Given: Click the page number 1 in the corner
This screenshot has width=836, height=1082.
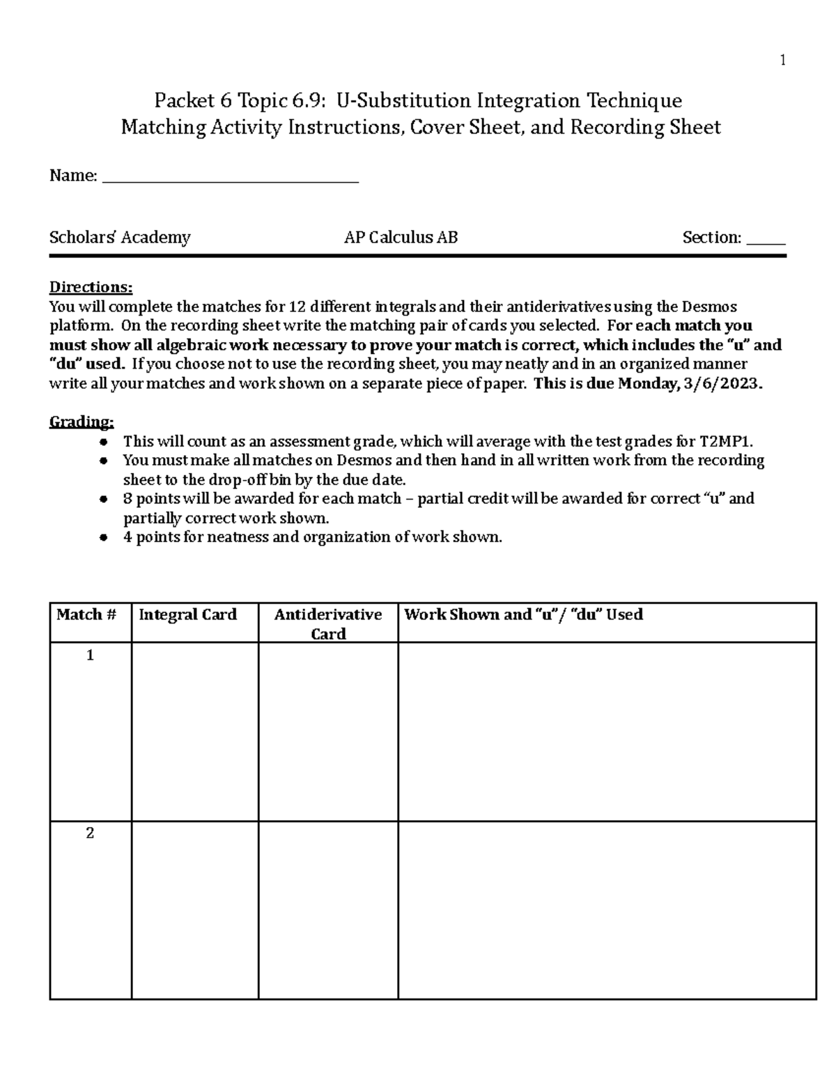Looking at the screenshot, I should click(782, 61).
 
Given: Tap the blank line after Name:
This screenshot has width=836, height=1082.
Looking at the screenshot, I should click(230, 178).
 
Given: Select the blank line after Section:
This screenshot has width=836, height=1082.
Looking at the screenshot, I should click(766, 240).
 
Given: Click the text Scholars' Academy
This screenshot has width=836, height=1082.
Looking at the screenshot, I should click(120, 238).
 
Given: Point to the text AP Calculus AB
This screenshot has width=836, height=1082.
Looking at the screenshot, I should click(401, 238).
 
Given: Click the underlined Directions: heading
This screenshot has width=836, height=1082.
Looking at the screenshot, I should click(91, 287).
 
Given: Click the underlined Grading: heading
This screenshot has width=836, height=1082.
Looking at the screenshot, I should click(82, 422).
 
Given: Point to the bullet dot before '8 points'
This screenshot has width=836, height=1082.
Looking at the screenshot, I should click(103, 499).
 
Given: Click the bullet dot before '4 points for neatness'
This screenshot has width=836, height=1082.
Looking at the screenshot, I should click(103, 537).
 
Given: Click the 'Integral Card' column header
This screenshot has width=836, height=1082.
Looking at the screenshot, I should click(188, 615).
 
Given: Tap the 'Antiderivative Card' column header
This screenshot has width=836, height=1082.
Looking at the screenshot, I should click(328, 624).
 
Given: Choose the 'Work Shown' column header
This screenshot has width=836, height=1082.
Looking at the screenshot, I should click(523, 615).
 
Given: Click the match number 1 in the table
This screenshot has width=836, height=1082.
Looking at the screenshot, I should click(90, 656).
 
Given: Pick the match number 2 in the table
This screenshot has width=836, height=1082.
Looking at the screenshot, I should click(90, 833).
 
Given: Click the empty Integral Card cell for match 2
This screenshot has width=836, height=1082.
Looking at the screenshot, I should click(195, 909).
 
